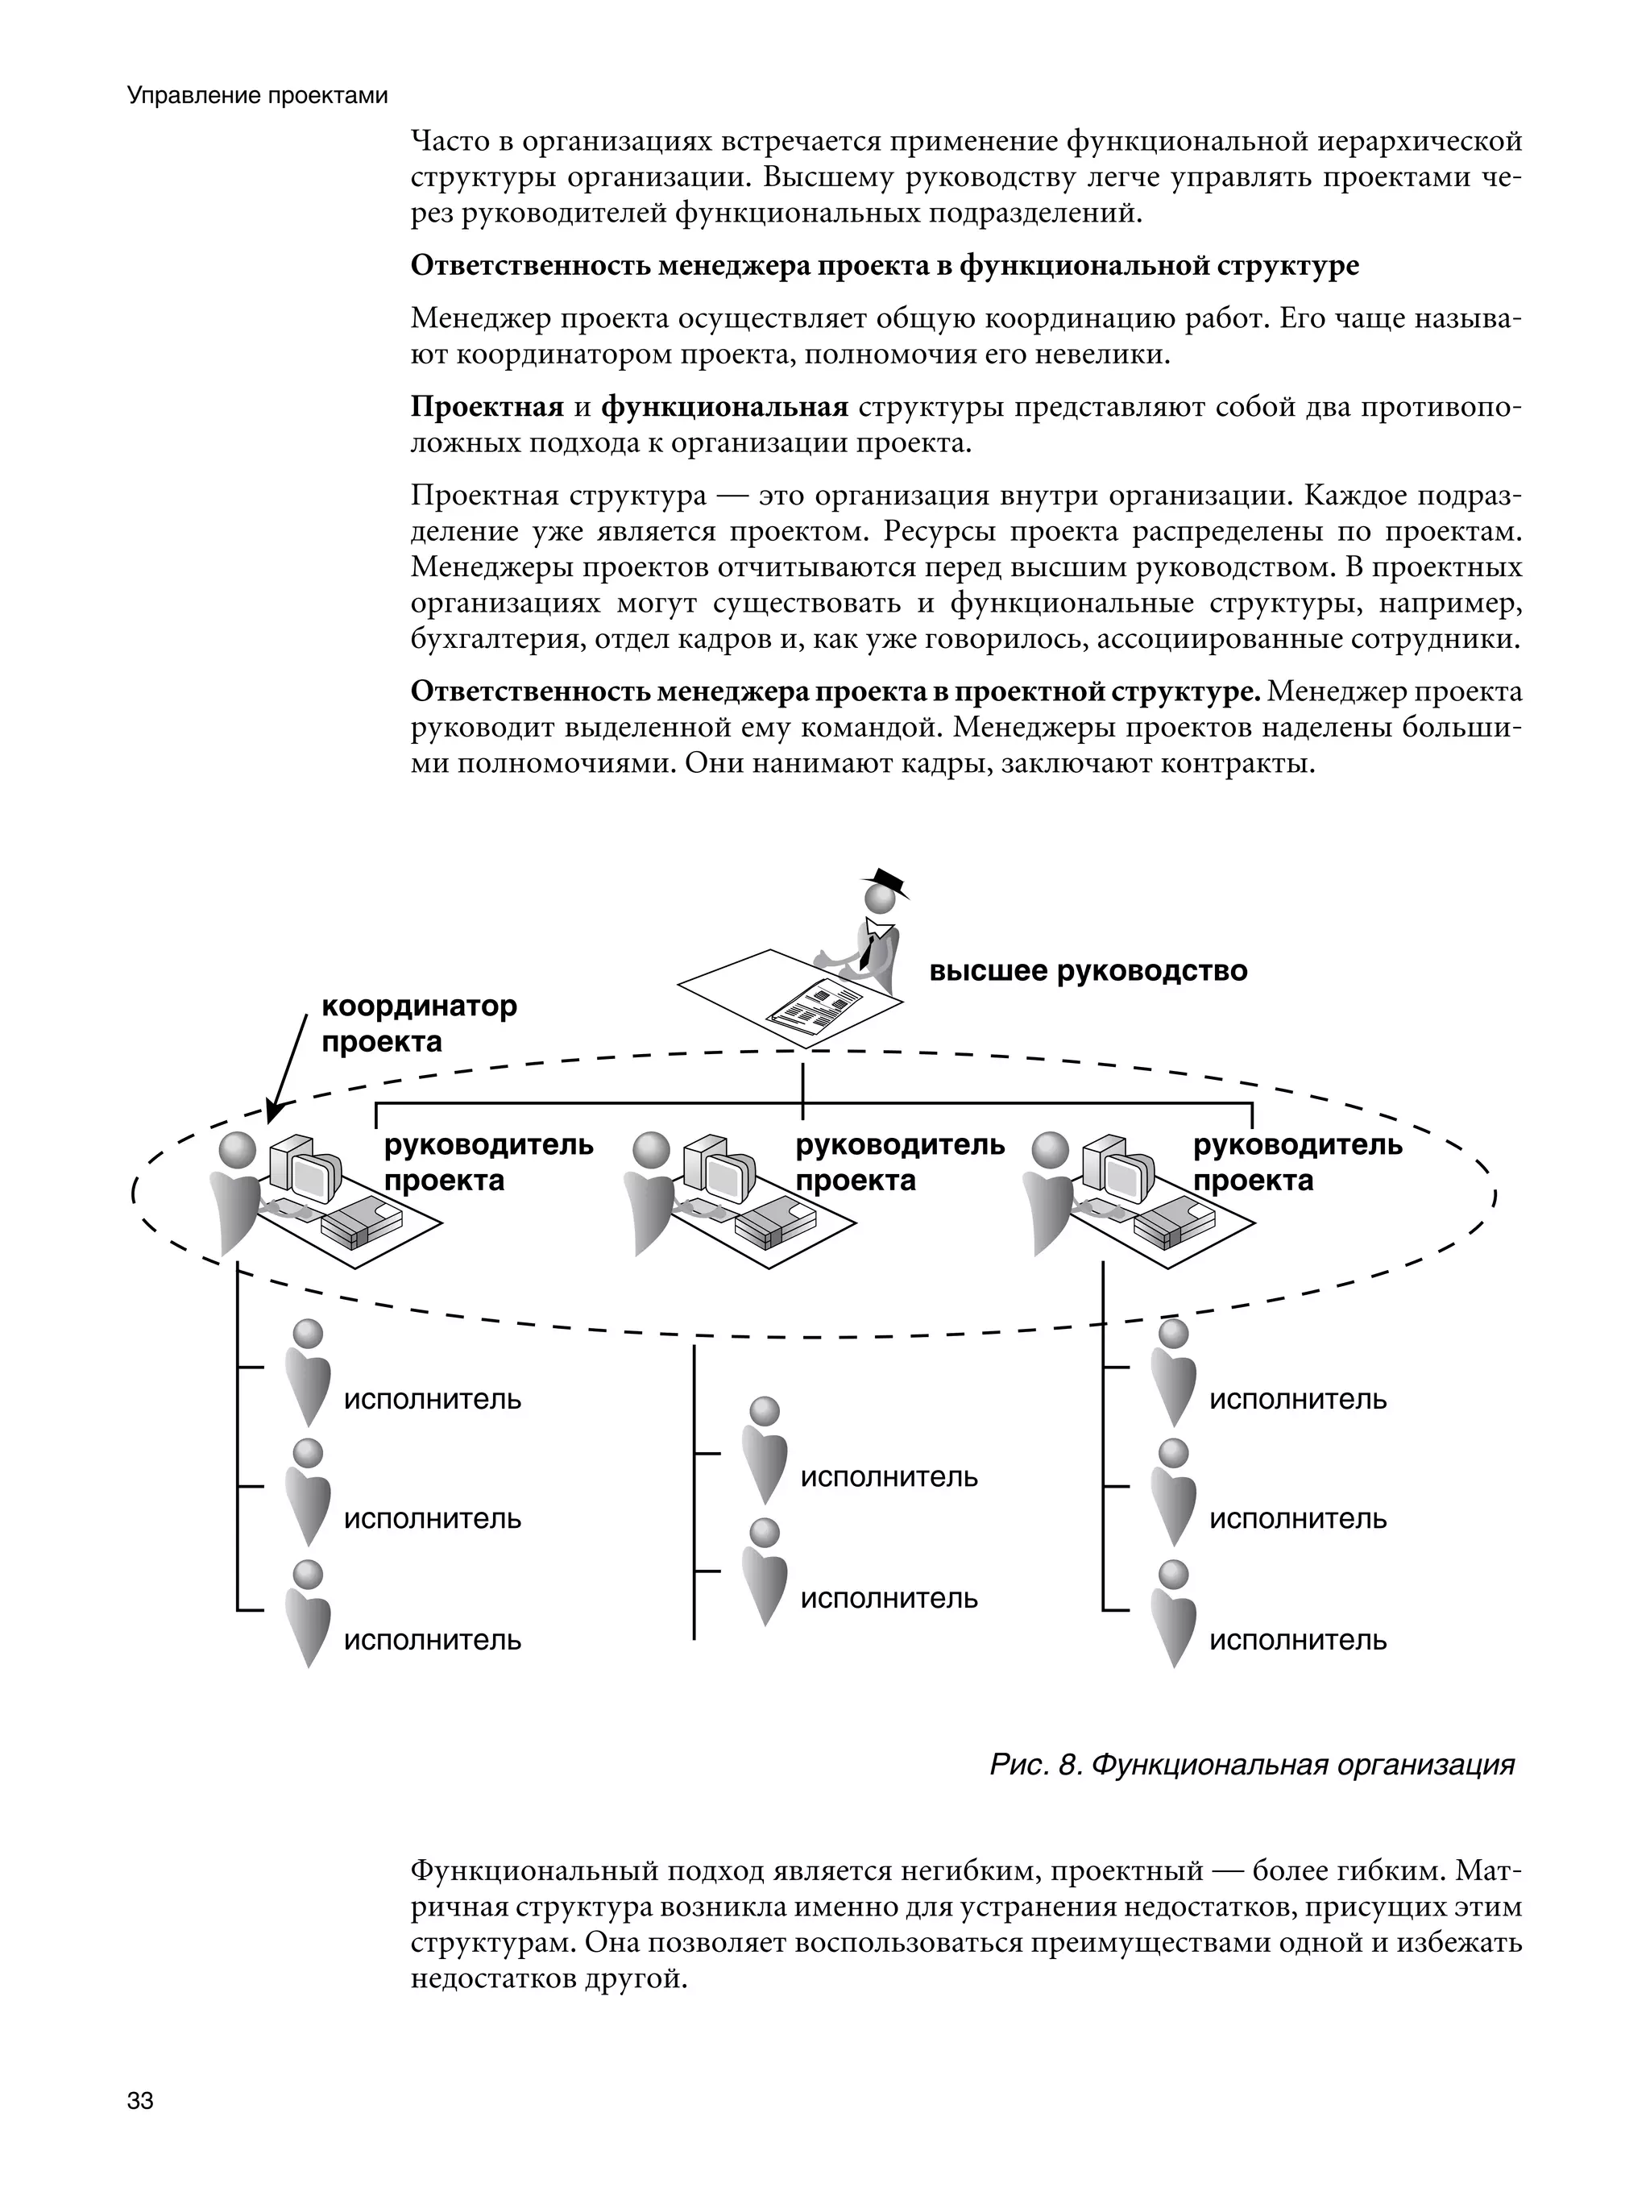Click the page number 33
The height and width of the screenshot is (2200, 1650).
(140, 2101)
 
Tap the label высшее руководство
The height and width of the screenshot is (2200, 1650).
(1087, 971)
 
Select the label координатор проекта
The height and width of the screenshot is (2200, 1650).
(419, 1023)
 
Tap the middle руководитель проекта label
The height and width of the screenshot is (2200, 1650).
(899, 1163)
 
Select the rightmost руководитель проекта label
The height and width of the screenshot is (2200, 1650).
(1297, 1163)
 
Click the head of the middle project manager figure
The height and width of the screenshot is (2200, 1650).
(652, 1152)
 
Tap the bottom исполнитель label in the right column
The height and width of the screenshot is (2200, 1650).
(1297, 1639)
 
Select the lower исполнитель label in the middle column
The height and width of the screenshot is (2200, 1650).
(888, 1598)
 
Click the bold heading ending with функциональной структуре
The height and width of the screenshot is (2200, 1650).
(884, 266)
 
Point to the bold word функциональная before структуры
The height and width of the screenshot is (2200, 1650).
(724, 407)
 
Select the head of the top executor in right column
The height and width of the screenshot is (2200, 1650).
(1174, 1333)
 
